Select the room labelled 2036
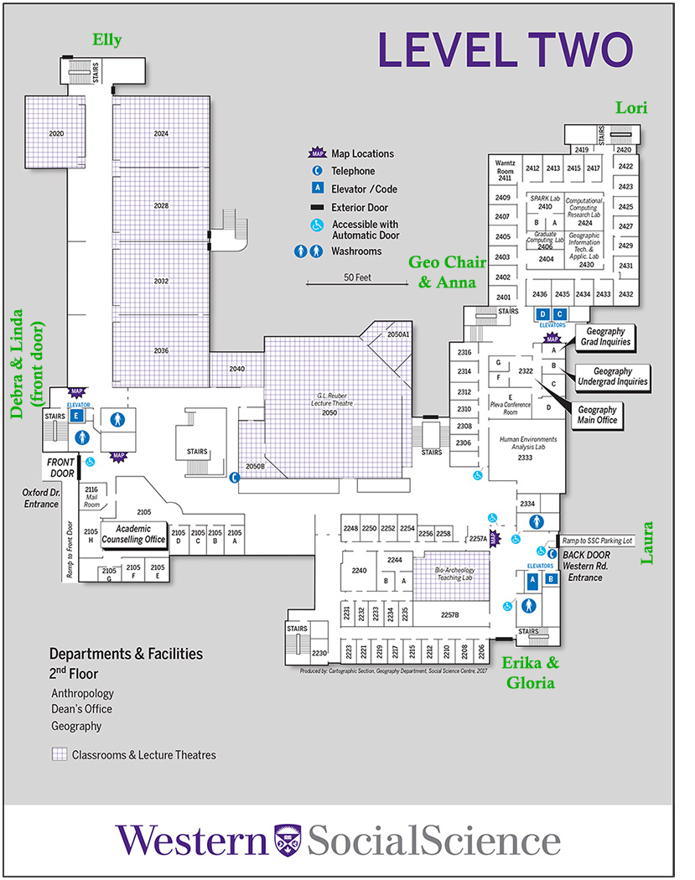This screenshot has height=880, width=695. click(x=162, y=350)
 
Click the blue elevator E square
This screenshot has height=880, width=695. click(x=77, y=416)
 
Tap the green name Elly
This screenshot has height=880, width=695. click(x=107, y=40)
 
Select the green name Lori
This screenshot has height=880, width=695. click(x=631, y=107)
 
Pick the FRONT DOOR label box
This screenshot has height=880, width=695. click(x=60, y=466)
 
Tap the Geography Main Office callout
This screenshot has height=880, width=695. click(x=597, y=415)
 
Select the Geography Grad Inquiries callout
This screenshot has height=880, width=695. click(x=600, y=337)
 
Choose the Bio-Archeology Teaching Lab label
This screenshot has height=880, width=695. click(x=462, y=575)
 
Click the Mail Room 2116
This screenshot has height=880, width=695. click(x=92, y=496)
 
